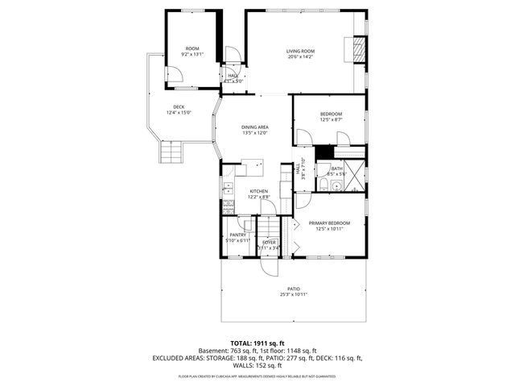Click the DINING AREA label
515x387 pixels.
pos(254,127)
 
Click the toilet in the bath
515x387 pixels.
pos(322,186)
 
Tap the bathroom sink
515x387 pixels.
pos(336,187)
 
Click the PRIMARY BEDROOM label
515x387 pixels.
pos(330,223)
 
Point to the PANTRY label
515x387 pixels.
pos(237,235)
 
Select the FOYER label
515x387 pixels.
pos(269,242)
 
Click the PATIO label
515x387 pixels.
pos(294,288)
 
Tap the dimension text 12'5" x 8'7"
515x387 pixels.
pos(331,119)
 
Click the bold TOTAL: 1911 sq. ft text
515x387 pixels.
pos(257,343)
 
